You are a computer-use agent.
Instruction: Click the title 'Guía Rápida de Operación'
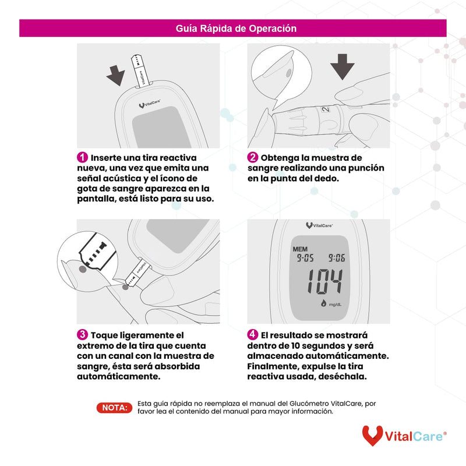236,28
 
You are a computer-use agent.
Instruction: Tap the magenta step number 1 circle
83,158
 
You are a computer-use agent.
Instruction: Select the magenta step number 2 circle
253,158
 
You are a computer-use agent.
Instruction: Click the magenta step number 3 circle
83,335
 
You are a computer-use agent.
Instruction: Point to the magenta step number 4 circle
253,335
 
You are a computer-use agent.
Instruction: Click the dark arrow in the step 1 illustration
115,74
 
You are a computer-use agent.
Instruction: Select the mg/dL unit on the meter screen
334,305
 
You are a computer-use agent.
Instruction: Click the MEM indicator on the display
300,248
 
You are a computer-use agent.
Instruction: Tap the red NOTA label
114,408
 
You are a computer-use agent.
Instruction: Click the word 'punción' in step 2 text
363,168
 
